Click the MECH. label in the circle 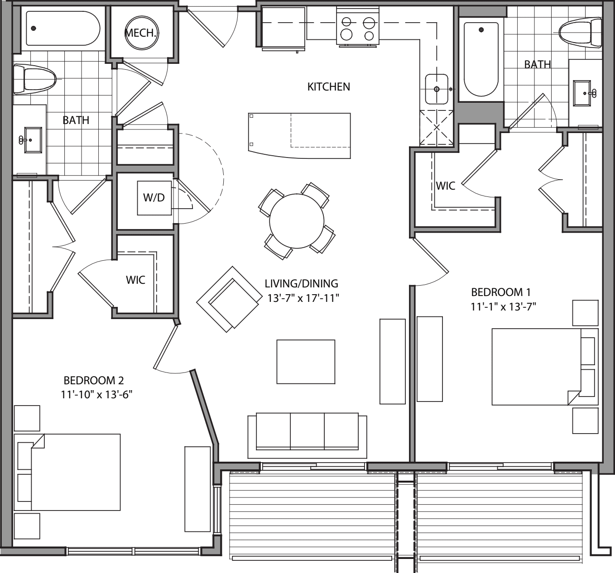142,33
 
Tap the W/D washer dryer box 154,198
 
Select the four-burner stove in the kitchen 357,29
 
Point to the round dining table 297,221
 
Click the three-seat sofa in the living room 307,433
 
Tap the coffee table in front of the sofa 306,362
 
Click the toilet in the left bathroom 34,79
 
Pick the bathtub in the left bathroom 62,29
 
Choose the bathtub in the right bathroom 481,57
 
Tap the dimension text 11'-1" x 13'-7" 503,307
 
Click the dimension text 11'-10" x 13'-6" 96,395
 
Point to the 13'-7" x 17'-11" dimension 302,298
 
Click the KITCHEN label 328,86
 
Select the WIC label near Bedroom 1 445,186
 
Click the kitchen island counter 299,135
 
